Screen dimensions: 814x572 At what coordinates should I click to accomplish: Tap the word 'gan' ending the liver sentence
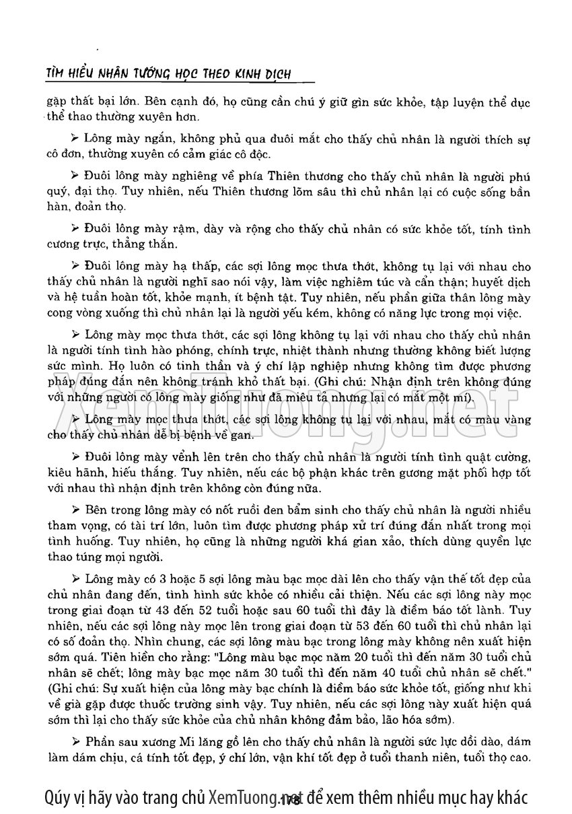point(242,436)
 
